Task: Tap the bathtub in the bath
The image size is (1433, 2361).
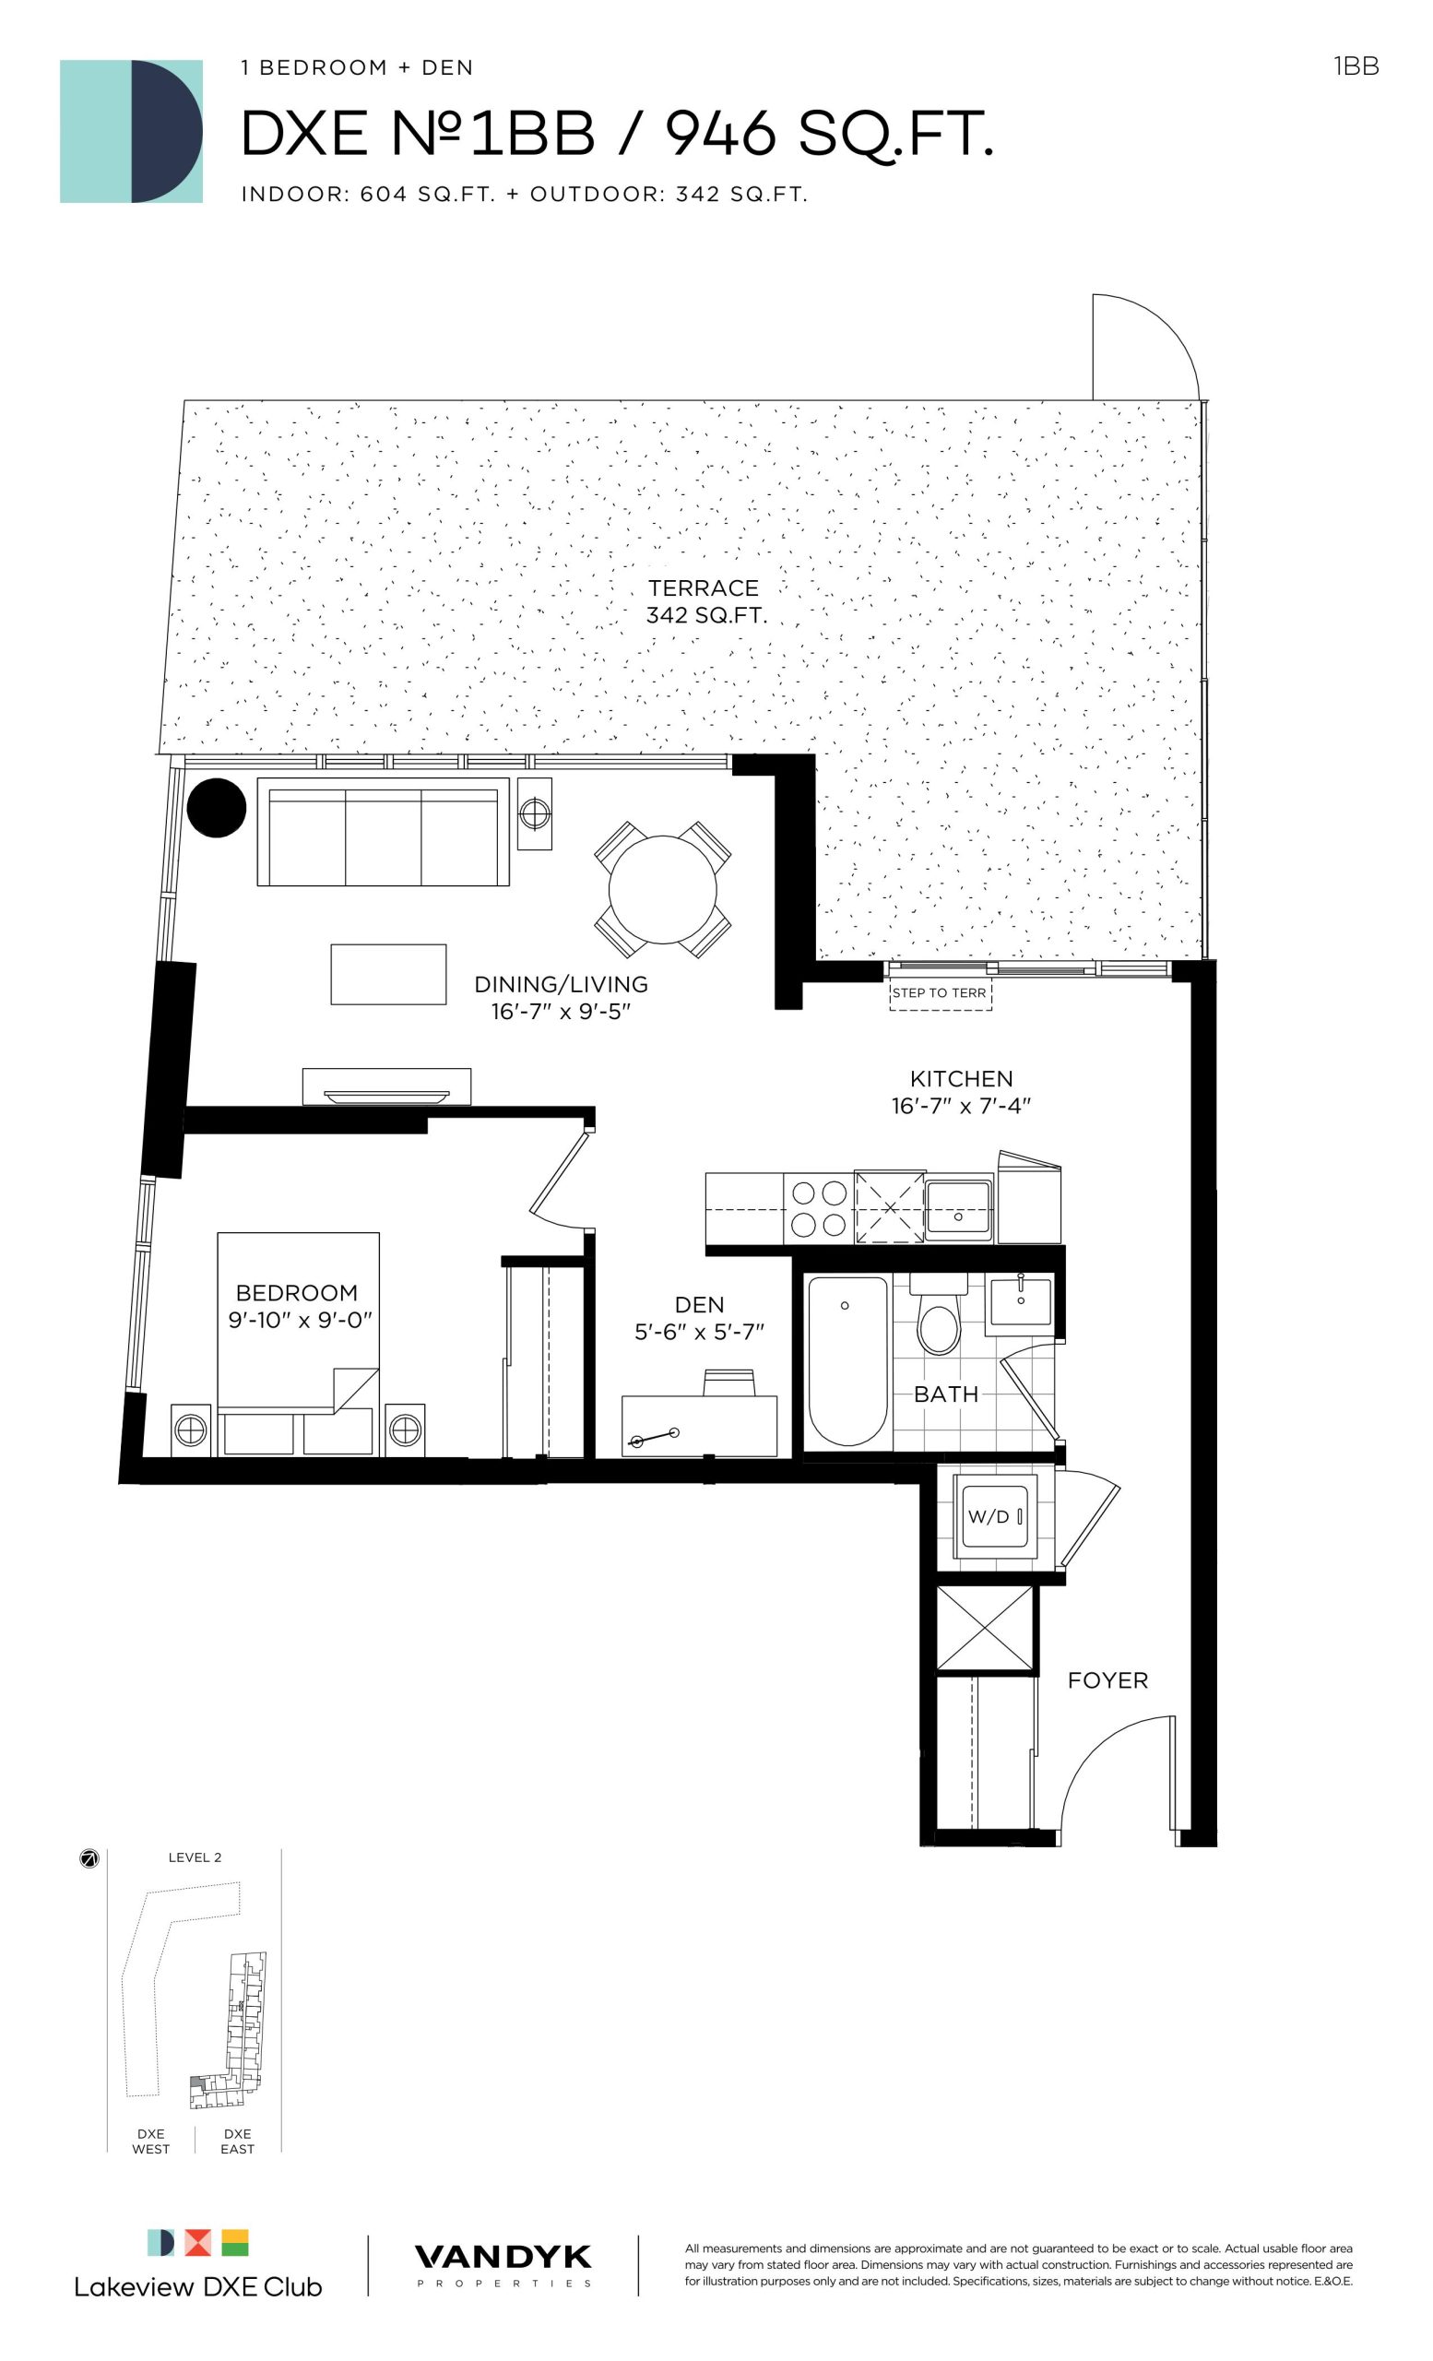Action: tap(847, 1360)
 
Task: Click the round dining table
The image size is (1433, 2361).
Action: tap(662, 888)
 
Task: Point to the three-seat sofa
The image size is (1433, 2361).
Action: tap(384, 832)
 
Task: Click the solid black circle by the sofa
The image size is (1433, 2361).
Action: tap(217, 808)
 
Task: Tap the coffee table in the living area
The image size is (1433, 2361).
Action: tap(388, 974)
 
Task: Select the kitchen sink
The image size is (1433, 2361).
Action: tap(959, 1209)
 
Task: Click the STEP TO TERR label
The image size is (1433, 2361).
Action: tap(939, 992)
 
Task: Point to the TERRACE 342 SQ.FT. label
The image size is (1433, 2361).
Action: tap(706, 601)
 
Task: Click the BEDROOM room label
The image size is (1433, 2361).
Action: tap(297, 1293)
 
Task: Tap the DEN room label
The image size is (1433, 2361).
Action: tap(699, 1304)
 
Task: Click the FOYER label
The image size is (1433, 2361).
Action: tap(1107, 1679)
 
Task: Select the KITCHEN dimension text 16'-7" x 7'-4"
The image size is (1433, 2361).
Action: tap(961, 1106)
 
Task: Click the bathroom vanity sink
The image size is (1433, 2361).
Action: tap(1020, 1303)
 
